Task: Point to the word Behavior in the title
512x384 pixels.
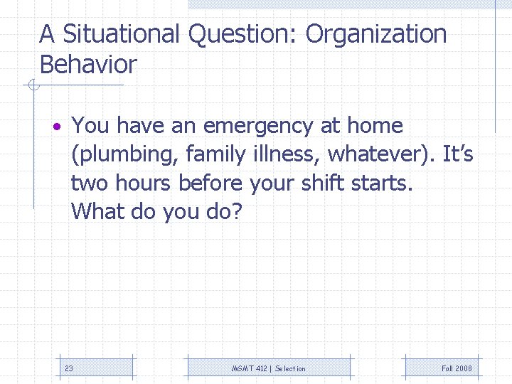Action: pos(88,65)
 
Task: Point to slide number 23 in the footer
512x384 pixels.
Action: pos(69,368)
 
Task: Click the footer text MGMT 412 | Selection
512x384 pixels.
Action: pos(269,368)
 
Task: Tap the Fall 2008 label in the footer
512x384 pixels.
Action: pos(457,368)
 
